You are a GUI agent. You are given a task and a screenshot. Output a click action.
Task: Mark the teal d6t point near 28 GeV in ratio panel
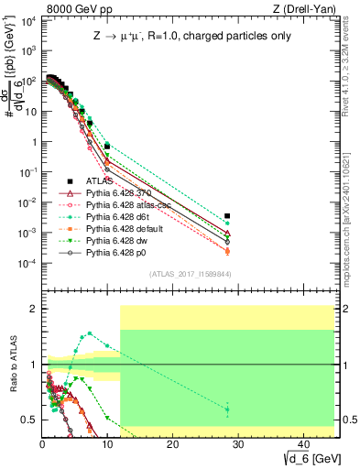click(x=227, y=409)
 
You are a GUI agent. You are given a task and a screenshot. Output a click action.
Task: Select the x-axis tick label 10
click(x=106, y=444)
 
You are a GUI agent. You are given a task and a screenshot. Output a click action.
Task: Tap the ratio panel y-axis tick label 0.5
click(x=29, y=420)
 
